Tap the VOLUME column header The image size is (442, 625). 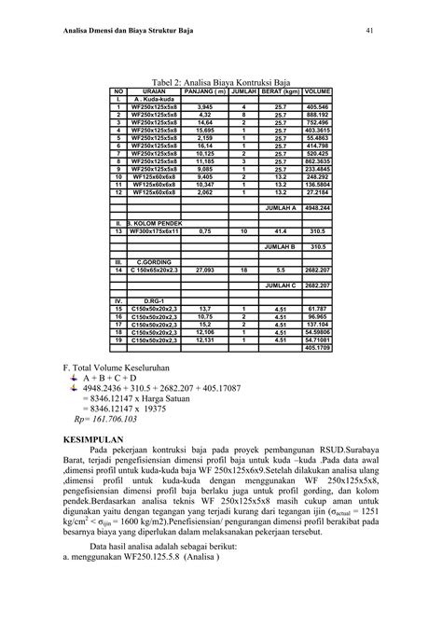coord(317,91)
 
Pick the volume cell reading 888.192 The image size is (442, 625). coord(317,116)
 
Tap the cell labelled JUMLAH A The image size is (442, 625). coord(281,208)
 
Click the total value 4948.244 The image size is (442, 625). coord(317,208)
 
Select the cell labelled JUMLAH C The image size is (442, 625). coord(281,285)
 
